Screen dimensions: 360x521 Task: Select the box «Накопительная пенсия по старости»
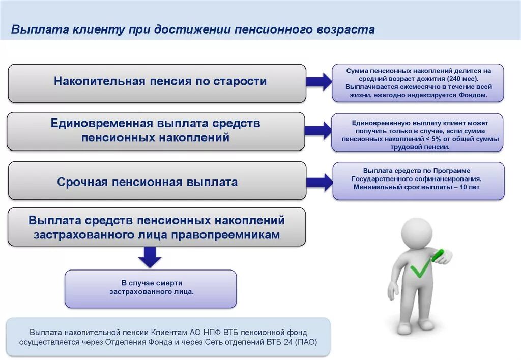click(157, 82)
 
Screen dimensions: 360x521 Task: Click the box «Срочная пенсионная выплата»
click(157, 182)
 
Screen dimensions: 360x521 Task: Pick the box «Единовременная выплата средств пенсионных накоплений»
click(156, 131)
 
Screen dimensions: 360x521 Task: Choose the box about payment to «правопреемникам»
click(157, 227)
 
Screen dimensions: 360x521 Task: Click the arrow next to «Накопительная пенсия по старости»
click(319, 81)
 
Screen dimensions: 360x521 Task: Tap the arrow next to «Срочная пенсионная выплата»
click(319, 181)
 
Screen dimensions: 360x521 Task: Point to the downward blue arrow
click(150, 257)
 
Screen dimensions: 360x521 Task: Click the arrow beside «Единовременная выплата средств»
click(319, 131)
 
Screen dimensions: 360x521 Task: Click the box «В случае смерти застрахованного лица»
click(151, 288)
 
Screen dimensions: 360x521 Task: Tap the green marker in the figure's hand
click(438, 254)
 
